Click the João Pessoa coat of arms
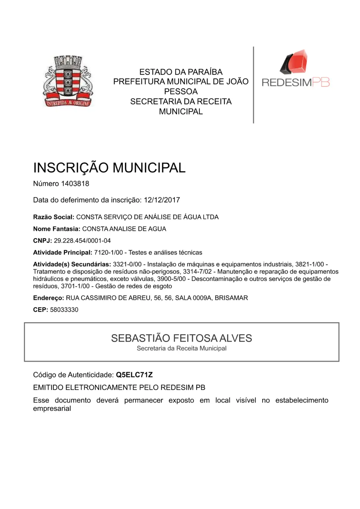(68, 81)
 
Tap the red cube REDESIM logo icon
(294, 62)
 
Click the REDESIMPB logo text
(296, 82)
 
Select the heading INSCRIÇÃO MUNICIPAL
(109, 168)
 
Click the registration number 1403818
(75, 184)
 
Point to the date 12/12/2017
(162, 200)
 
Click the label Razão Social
(53, 217)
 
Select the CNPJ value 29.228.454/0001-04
(82, 241)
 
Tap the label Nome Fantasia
(56, 229)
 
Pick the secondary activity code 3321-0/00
(127, 264)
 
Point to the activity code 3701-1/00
(75, 286)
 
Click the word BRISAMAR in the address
(231, 298)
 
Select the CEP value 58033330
(64, 310)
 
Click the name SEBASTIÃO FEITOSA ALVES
(181, 338)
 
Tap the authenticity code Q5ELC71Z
(134, 375)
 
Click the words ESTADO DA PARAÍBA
(181, 72)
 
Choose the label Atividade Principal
(62, 253)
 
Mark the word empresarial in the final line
(52, 409)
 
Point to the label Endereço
(48, 298)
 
